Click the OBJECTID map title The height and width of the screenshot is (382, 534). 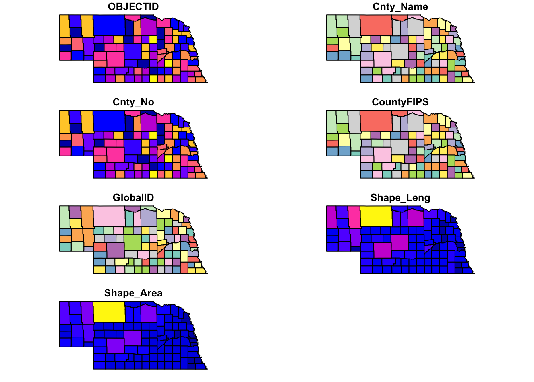click(133, 7)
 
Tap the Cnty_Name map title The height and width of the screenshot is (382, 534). click(400, 7)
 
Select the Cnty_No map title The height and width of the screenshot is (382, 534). click(133, 102)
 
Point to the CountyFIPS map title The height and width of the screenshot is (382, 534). click(400, 102)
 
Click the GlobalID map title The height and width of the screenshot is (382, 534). click(133, 198)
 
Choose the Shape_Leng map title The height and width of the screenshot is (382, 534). click(400, 198)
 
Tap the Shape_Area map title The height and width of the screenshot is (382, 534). click(133, 293)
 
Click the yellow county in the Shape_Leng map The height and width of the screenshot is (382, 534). click(376, 216)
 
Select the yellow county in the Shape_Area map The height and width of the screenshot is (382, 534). click(109, 312)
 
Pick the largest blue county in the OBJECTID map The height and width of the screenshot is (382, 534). click(109, 25)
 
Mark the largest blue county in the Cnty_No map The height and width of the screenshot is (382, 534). click(109, 121)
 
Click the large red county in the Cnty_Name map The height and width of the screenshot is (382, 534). click(376, 25)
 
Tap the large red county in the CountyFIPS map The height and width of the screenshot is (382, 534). click(376, 121)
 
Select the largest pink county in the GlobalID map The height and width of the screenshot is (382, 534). click(109, 216)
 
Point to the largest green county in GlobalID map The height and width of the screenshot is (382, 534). click(133, 242)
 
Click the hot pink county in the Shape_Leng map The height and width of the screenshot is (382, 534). click(354, 217)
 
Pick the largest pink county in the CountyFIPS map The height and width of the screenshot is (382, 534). click(382, 155)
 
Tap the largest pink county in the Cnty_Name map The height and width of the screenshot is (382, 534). click(382, 59)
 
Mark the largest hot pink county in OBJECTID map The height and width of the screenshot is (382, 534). click(115, 59)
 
